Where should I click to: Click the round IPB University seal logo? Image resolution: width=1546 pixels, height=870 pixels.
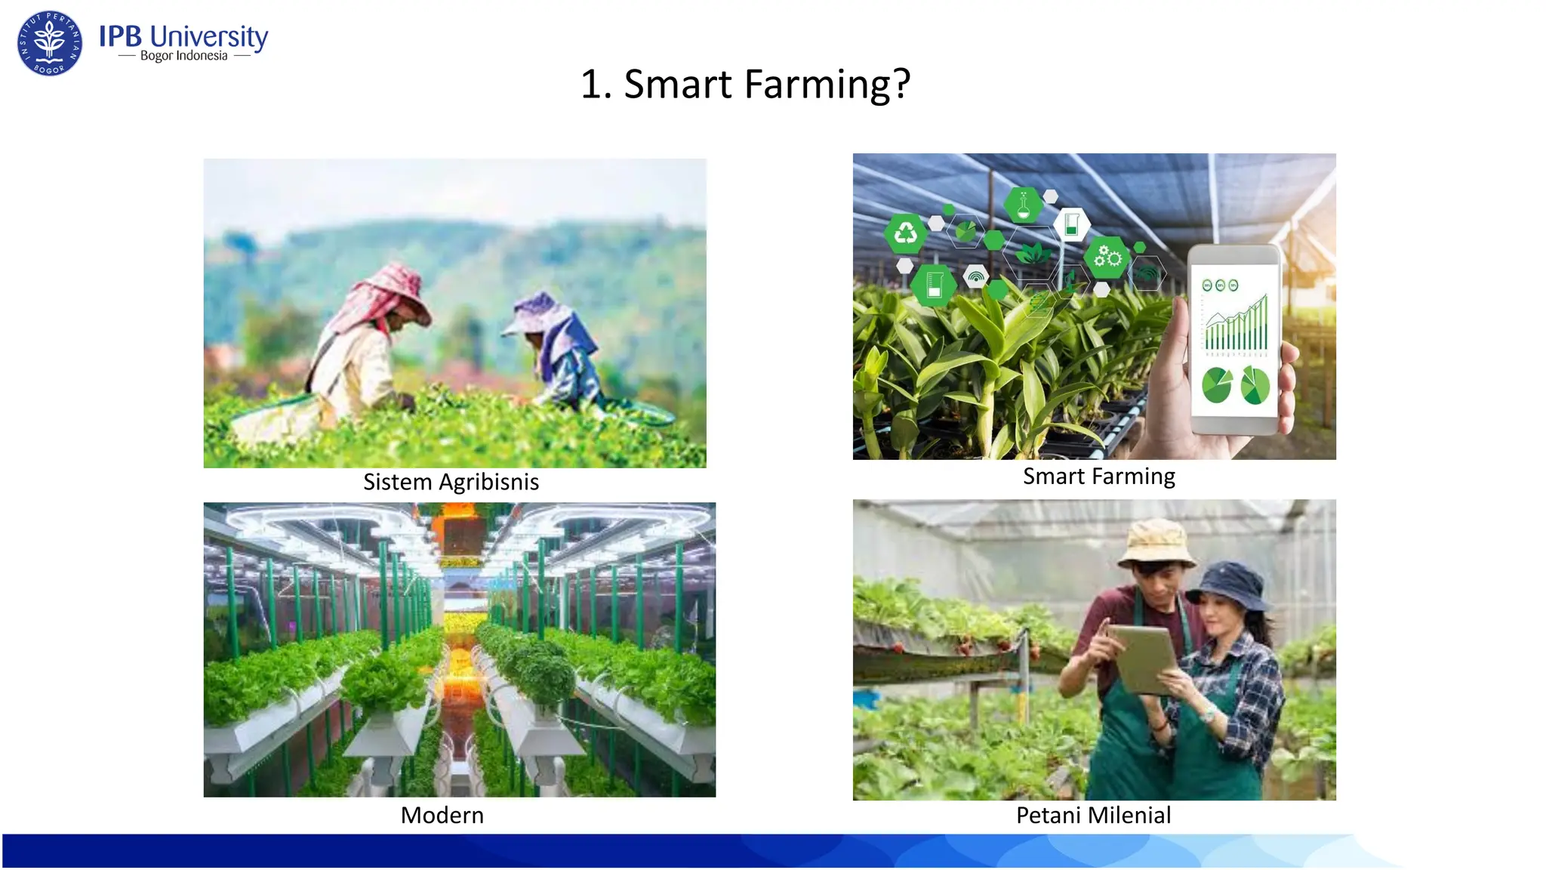tap(50, 43)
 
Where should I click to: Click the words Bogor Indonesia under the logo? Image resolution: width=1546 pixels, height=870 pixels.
tap(183, 56)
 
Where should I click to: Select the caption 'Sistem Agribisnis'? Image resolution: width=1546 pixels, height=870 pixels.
tap(451, 482)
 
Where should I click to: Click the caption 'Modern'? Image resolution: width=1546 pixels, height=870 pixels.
tap(442, 815)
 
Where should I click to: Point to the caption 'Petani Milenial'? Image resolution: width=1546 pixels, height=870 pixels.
tap(1093, 815)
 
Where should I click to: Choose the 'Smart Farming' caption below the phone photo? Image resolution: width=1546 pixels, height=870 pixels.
tap(1098, 476)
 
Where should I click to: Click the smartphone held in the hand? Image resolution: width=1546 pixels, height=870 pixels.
tap(1234, 340)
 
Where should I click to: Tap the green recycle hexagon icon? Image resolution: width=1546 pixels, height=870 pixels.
tap(905, 233)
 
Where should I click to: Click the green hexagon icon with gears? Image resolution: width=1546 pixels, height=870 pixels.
tap(1107, 258)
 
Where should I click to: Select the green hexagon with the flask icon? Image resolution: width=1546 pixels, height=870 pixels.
tap(1023, 205)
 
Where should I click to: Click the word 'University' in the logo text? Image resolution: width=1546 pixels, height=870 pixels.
tap(209, 36)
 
